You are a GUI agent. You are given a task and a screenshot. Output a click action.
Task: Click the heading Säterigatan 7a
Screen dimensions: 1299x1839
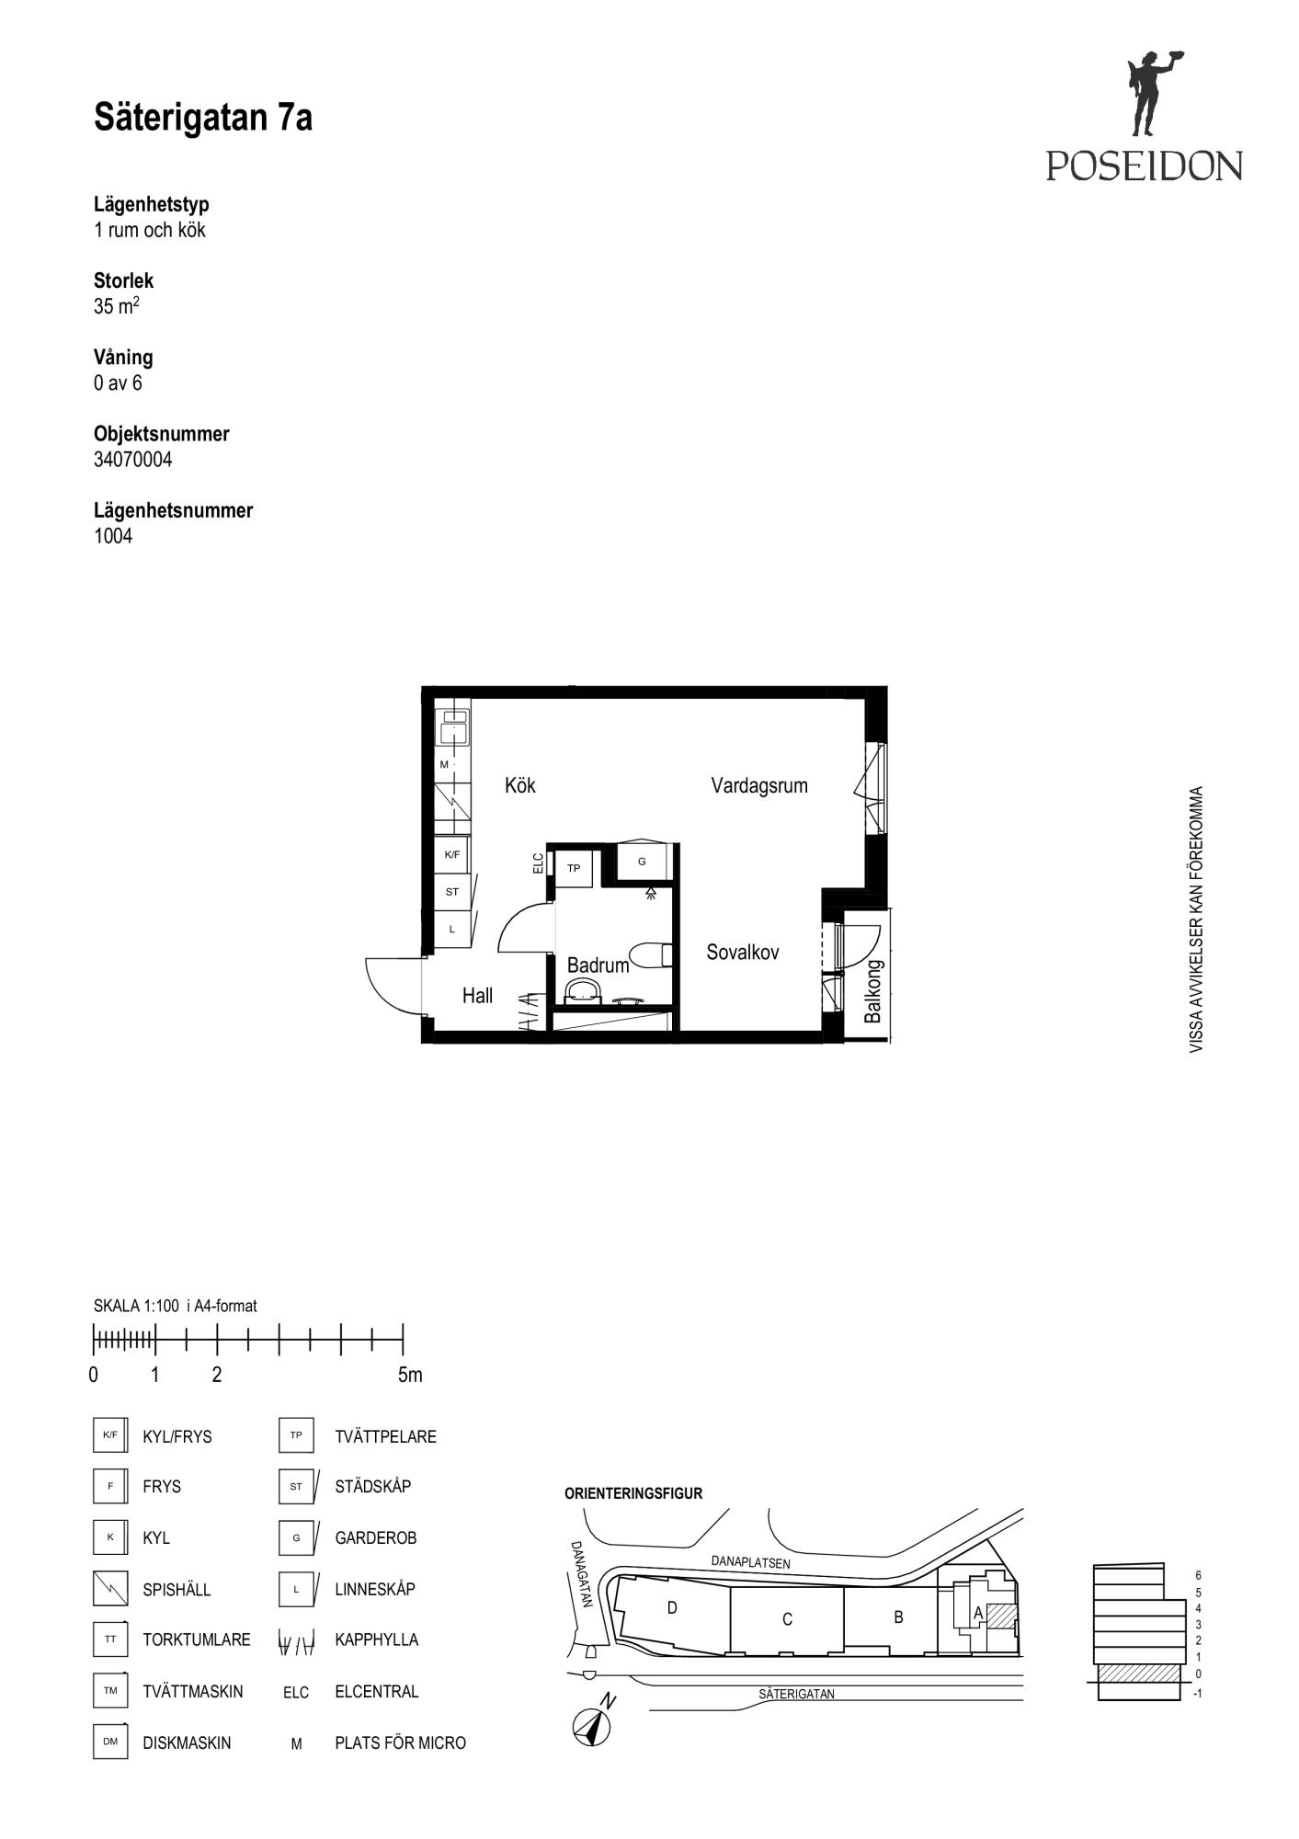tap(203, 118)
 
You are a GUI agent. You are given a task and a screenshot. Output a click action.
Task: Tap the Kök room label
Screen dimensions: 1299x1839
tap(520, 785)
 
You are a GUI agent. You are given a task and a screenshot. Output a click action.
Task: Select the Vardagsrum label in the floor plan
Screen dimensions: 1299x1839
tap(759, 785)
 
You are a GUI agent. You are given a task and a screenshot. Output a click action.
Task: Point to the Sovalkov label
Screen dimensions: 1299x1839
tap(743, 953)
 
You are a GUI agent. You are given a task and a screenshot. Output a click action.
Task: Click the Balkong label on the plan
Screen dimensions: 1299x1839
tap(873, 991)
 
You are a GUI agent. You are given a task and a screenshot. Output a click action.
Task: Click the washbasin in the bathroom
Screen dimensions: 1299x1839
tap(583, 989)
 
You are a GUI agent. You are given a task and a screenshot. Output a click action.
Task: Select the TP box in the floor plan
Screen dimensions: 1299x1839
tap(574, 868)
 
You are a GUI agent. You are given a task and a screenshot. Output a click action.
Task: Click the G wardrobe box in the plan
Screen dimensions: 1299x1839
tap(642, 862)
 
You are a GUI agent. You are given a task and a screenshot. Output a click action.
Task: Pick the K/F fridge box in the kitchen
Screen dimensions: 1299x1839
tap(452, 854)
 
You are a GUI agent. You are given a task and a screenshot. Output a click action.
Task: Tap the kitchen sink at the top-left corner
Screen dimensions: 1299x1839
tap(452, 727)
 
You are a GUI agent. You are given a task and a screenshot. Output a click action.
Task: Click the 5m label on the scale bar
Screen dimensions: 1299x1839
tap(410, 1375)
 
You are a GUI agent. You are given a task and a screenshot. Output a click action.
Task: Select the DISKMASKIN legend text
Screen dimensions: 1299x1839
tap(187, 1742)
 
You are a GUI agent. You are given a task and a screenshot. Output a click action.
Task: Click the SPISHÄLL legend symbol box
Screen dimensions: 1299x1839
tap(110, 1588)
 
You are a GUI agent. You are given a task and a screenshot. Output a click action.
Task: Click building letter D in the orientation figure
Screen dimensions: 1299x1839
tap(672, 1607)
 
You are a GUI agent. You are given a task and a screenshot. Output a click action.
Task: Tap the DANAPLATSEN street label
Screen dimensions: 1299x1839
tap(750, 1561)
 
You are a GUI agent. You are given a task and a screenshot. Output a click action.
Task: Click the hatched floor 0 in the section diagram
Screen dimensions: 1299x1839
tap(1139, 1673)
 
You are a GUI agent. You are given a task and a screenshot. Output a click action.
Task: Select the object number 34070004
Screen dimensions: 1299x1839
tap(132, 459)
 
